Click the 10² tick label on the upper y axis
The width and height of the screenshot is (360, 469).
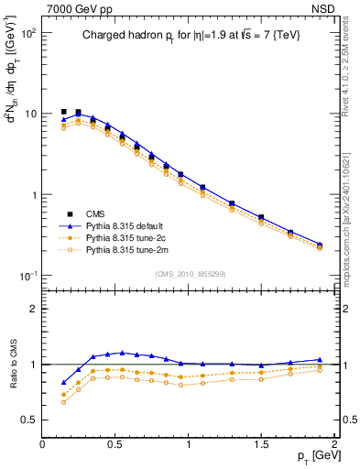27,32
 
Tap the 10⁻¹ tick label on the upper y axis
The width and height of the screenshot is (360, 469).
27,276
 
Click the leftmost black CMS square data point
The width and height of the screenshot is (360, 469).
63,112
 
